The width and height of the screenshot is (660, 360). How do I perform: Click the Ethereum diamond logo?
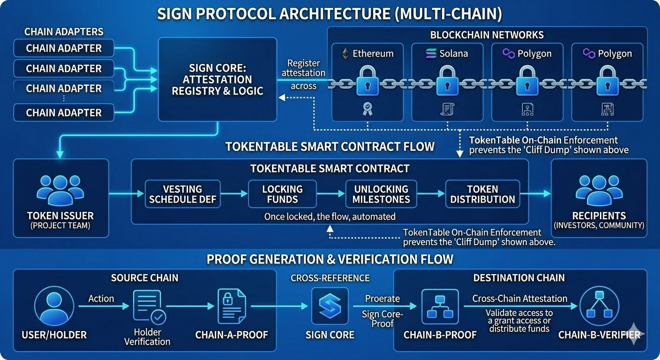tap(345, 53)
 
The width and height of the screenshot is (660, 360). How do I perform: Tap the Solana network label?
tap(453, 53)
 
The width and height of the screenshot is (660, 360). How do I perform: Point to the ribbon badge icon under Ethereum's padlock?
tap(367, 109)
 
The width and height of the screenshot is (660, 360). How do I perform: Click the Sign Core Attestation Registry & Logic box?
tap(217, 79)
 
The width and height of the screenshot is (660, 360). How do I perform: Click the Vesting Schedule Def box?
tap(182, 194)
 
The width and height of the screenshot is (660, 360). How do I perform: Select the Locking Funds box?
tap(282, 194)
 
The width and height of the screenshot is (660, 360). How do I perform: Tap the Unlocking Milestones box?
tap(381, 194)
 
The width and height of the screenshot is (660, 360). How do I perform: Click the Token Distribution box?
tap(482, 194)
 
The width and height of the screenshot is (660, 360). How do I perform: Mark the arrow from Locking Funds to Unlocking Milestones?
tap(330, 194)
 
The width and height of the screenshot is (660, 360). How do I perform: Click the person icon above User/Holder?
tap(54, 306)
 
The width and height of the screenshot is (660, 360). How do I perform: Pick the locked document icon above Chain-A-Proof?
tap(232, 306)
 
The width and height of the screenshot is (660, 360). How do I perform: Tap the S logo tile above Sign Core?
tap(330, 306)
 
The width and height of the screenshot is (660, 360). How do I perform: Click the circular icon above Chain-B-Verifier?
tap(599, 306)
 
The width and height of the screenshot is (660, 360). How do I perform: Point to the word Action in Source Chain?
tap(101, 299)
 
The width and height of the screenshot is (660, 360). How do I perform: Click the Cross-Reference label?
tap(330, 278)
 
